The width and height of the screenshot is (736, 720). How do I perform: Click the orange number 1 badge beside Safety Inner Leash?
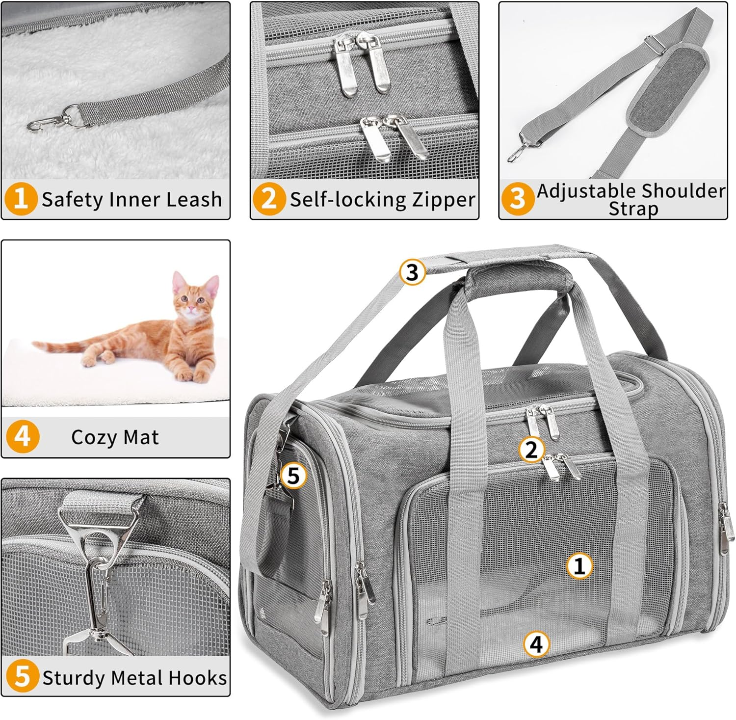click(21, 199)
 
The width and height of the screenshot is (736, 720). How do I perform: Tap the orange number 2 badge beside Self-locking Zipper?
click(269, 199)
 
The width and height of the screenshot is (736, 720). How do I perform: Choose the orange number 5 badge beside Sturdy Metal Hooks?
click(22, 677)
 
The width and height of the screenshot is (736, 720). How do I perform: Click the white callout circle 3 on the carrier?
click(412, 272)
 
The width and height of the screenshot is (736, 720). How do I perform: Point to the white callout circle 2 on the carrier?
click(531, 450)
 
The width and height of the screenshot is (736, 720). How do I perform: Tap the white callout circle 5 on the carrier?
click(293, 476)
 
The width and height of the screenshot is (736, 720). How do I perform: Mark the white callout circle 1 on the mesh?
click(579, 565)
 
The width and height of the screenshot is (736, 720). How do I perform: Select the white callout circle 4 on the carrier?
click(537, 643)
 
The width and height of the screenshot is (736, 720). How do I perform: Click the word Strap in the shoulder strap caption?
click(633, 209)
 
